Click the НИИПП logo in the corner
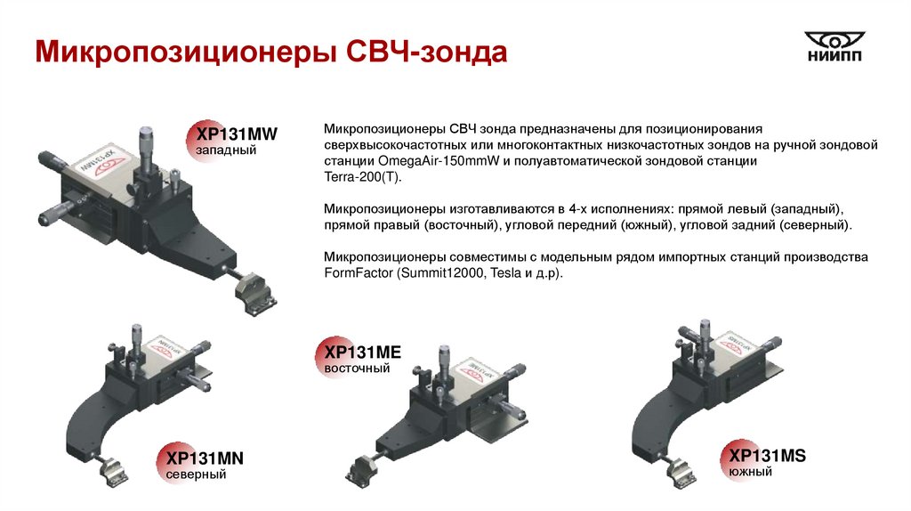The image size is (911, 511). [x=834, y=46]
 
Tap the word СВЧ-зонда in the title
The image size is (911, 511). [x=426, y=52]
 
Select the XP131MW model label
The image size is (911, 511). [x=237, y=134]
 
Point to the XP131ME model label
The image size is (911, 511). [x=363, y=353]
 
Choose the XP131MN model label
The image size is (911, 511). [x=205, y=458]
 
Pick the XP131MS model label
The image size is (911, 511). [x=767, y=455]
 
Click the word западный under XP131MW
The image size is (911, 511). [x=226, y=150]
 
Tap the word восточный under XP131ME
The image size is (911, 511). [x=357, y=369]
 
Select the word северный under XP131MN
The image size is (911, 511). [x=196, y=474]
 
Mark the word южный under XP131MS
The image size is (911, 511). [x=750, y=472]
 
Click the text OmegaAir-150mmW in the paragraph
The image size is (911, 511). [x=439, y=161]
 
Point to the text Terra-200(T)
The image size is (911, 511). [x=363, y=177]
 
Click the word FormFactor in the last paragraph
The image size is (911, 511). [x=359, y=273]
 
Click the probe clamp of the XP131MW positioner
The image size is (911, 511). [x=255, y=294]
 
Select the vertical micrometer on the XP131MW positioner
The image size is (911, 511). [x=147, y=151]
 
